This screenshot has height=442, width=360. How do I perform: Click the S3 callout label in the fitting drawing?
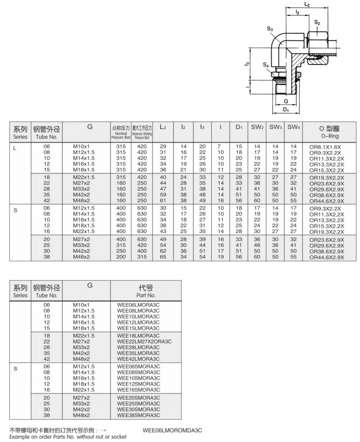(x=270, y=29)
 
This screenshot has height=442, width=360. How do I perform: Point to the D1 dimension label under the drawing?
(x=286, y=110)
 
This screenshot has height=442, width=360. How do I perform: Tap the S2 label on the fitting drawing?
(x=317, y=22)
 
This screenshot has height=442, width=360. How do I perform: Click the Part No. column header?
(x=146, y=291)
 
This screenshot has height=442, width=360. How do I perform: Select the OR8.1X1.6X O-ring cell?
(x=325, y=146)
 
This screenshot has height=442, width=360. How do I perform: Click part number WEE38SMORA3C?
(x=139, y=415)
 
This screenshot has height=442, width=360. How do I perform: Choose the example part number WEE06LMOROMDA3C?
(x=172, y=429)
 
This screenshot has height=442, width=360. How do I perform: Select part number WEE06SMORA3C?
(x=139, y=367)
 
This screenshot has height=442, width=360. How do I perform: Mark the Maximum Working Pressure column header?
(x=142, y=130)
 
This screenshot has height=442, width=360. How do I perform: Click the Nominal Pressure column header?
(x=121, y=130)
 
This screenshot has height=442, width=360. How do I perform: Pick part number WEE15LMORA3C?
(x=139, y=328)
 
